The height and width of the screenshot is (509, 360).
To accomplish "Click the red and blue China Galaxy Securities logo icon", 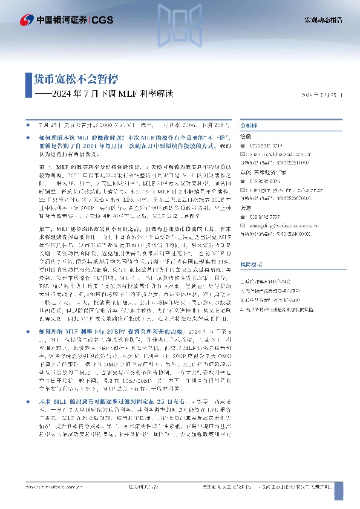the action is click(27, 21).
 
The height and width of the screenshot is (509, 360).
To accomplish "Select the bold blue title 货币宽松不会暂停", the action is click(76, 79).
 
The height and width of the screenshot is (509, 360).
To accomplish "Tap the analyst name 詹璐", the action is click(244, 137).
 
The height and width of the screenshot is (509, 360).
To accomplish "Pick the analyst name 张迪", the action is click(244, 207).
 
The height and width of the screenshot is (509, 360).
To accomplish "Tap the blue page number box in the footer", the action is click(338, 487).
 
